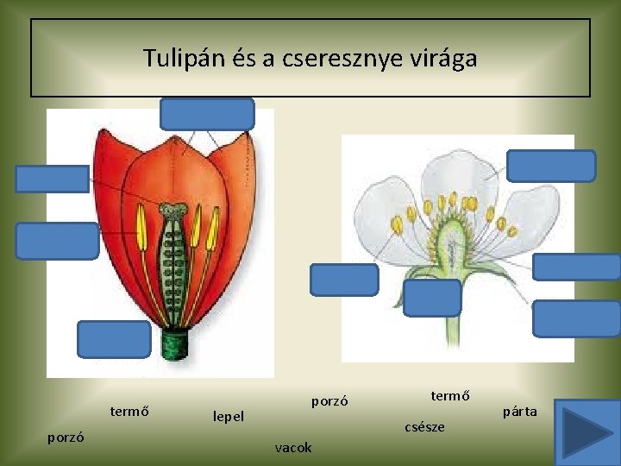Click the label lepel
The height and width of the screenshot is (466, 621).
[x=229, y=416]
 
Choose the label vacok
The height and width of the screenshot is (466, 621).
[x=293, y=447]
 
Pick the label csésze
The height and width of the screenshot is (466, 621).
[x=424, y=426]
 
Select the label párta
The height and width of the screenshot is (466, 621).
[x=520, y=412]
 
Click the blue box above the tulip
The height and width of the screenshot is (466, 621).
[x=207, y=113]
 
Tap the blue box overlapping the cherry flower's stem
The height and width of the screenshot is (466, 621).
[x=432, y=298]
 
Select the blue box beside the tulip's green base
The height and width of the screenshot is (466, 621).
[x=114, y=338]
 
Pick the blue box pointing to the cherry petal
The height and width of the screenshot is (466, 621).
[x=550, y=166]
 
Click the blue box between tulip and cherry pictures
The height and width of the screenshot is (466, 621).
[x=344, y=280]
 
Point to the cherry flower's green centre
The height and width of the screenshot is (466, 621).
[x=452, y=242]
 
